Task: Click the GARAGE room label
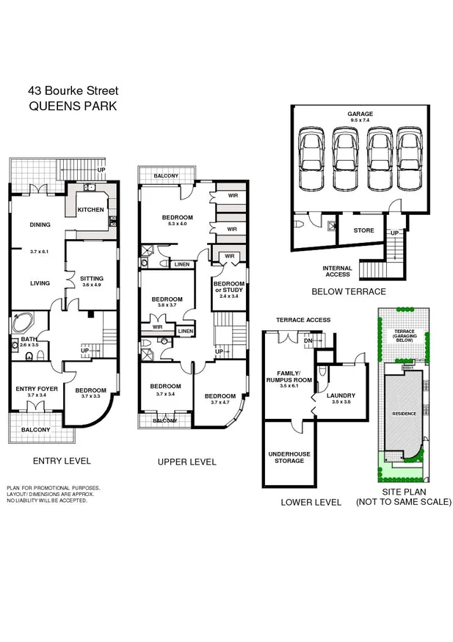[x=360, y=114]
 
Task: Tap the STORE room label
[x=364, y=230]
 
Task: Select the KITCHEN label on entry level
[x=91, y=211]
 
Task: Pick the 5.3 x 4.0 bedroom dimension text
[x=178, y=224]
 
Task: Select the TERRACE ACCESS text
[x=302, y=320]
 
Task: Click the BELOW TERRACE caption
[x=348, y=291]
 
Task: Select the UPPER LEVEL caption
[x=186, y=462]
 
